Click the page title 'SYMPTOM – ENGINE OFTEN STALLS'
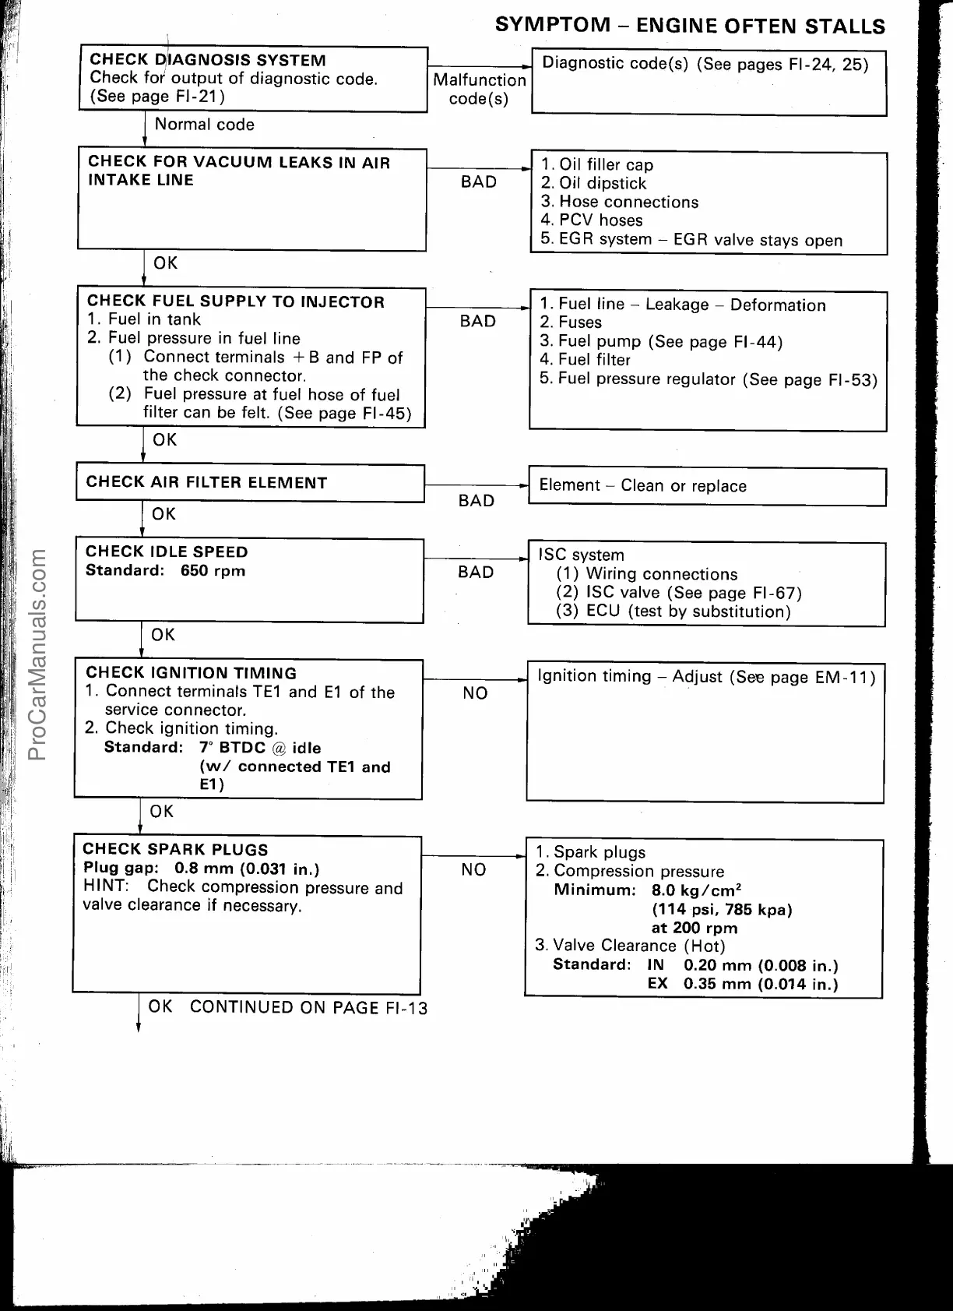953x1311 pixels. tap(690, 25)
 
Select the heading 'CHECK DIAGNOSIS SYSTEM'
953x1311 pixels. tap(208, 60)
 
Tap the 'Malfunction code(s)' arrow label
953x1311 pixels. tap(479, 90)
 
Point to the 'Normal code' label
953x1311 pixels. tap(204, 125)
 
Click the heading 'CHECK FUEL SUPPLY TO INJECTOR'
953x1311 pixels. tap(236, 301)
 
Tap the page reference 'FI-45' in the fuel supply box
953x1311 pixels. tap(387, 414)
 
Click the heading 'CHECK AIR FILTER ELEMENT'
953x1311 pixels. tap(206, 482)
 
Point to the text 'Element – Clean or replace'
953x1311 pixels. tap(642, 486)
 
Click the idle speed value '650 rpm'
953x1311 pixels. tap(213, 571)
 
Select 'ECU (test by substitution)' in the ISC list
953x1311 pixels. tap(688, 611)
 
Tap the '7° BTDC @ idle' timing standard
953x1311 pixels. tap(260, 748)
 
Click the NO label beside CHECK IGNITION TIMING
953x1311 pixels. tap(475, 693)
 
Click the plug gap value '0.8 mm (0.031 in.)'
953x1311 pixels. tap(247, 869)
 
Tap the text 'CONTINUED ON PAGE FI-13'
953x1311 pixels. tap(308, 1007)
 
